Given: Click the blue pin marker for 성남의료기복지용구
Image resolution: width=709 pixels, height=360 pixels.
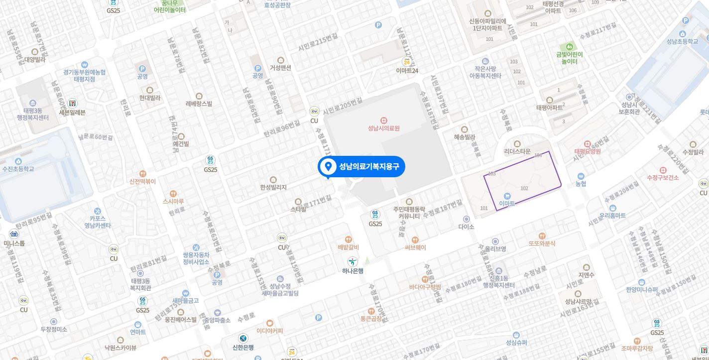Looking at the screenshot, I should point(328,167).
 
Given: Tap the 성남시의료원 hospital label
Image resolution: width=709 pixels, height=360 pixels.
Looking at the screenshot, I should point(383,128).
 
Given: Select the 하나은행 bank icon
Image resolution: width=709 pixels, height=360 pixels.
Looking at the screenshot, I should point(353,261).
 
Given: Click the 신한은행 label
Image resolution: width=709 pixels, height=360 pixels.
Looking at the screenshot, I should point(243,348).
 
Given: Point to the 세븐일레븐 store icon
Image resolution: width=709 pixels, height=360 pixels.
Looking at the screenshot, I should point(73,103).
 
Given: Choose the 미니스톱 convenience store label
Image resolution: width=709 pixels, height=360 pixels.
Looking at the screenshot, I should point(14,243).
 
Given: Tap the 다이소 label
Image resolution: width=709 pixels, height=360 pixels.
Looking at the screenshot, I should point(466,227).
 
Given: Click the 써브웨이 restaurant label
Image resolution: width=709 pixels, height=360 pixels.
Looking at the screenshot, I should point(415,247).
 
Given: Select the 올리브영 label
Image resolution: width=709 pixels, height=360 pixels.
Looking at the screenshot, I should point(495,248).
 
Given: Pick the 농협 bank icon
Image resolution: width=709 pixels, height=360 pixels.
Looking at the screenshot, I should point(581,176).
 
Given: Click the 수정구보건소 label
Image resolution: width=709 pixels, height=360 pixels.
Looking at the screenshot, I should point(663,178).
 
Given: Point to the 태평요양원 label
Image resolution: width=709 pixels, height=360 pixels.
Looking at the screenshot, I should point(588,151).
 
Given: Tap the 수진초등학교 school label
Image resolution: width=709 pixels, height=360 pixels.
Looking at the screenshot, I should point(18,169).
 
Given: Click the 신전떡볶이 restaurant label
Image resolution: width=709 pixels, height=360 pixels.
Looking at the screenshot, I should point(142,181).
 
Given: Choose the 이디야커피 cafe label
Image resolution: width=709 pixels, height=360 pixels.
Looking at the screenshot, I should point(270,331).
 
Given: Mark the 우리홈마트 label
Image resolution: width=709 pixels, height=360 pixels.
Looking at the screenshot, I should point(612,216).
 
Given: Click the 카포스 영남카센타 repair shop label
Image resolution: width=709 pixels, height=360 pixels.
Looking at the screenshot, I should point(97,222).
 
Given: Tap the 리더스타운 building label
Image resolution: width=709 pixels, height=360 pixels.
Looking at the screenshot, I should point(517,151).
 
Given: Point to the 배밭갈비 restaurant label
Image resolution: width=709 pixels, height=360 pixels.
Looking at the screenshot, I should point(348,247).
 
